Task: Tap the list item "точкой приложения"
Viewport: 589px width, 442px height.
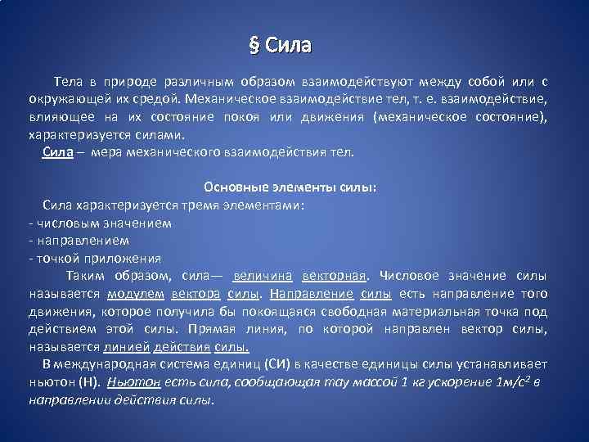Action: (88, 258)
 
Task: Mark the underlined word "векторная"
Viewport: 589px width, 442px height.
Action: (335, 276)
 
